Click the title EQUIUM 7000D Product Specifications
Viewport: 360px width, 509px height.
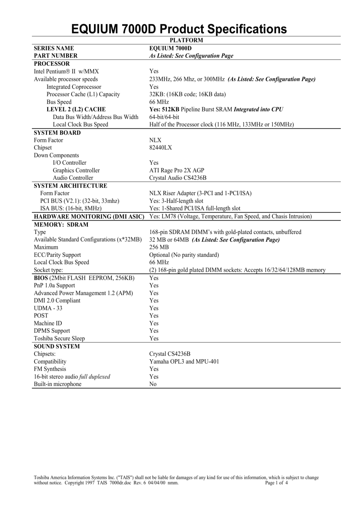point(179,29)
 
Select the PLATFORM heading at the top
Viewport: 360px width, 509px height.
point(186,40)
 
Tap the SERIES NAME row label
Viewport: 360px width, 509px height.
point(54,48)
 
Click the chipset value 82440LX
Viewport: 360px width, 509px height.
point(160,148)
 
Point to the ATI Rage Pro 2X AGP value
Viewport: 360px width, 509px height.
point(176,170)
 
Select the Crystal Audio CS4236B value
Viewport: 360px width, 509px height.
point(178,178)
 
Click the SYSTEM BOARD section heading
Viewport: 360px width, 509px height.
point(57,132)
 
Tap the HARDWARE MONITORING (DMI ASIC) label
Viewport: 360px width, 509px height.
point(89,217)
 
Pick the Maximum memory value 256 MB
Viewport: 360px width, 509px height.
point(159,247)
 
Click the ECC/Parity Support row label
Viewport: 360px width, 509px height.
point(57,255)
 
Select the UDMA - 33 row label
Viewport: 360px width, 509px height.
point(48,308)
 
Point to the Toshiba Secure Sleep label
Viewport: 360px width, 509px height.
point(59,338)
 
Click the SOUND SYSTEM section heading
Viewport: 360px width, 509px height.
point(57,346)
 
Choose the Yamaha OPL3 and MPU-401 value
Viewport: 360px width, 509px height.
point(184,361)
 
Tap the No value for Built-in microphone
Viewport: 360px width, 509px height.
point(153,384)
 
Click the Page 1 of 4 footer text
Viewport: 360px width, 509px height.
point(276,483)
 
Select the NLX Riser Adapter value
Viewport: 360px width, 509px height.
point(200,193)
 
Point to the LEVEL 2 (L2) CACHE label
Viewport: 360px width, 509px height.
point(76,109)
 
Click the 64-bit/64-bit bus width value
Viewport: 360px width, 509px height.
point(164,117)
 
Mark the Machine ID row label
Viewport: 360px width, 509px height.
point(48,323)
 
